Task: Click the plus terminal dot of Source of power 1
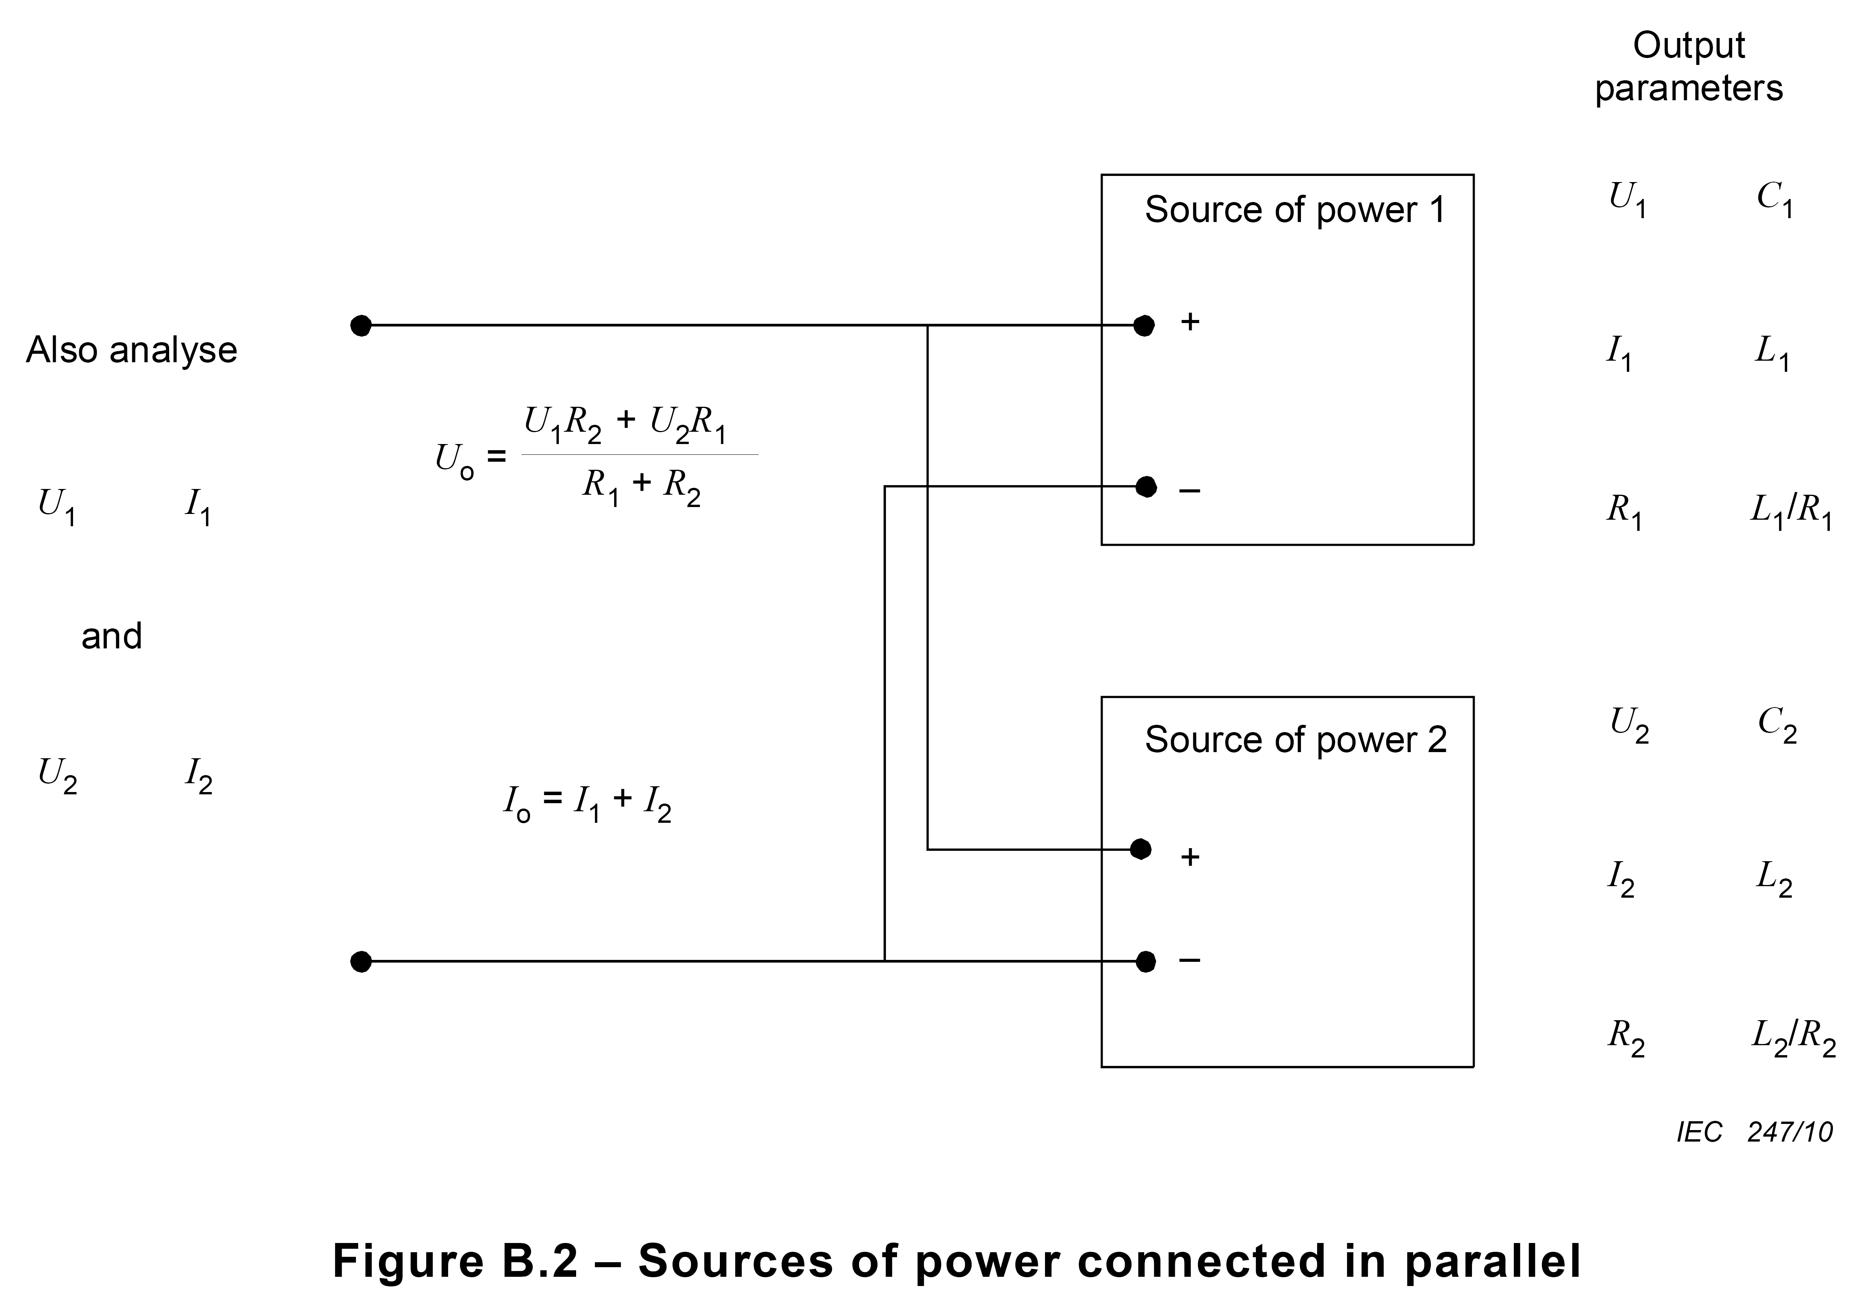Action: [x=1144, y=326]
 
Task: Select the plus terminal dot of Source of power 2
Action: [x=1141, y=849]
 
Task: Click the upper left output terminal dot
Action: [x=361, y=326]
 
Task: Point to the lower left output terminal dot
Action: [x=361, y=961]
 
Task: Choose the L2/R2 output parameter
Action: [x=1793, y=1039]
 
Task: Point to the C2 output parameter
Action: [x=1777, y=725]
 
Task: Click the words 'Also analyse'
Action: [x=131, y=350]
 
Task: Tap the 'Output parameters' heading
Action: [x=1689, y=67]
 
